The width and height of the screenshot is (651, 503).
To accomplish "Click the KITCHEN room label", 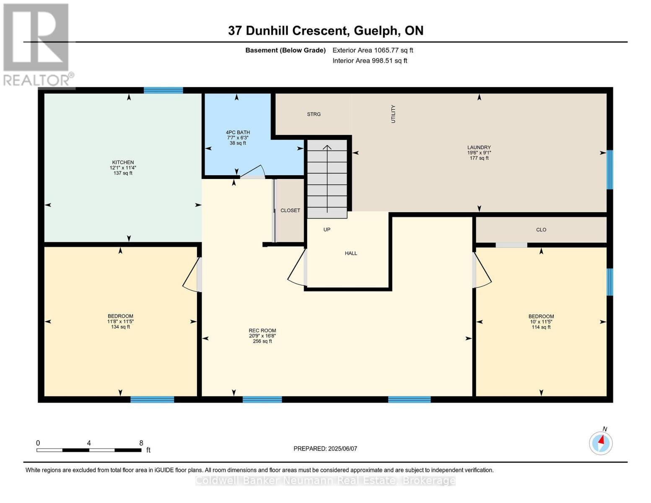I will click(123, 163).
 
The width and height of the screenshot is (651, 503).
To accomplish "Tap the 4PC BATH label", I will click(238, 132).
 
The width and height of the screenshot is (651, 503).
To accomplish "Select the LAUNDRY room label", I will click(479, 148).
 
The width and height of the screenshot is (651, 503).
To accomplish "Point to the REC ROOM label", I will click(262, 331).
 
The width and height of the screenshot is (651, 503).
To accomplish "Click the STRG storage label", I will click(314, 114).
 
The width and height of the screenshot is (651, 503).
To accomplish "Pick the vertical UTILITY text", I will click(393, 114).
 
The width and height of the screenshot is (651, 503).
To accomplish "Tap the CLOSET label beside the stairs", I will click(290, 210).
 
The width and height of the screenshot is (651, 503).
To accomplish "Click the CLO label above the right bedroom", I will click(541, 230).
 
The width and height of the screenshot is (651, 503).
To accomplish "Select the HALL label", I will click(351, 253).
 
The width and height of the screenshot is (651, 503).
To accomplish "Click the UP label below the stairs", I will click(327, 230).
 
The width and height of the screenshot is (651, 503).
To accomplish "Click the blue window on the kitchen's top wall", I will click(163, 90).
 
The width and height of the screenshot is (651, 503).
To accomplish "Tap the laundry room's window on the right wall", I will click(610, 169).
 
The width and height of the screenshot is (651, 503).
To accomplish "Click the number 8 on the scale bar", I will click(141, 443).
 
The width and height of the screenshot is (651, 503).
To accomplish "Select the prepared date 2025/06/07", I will click(325, 449).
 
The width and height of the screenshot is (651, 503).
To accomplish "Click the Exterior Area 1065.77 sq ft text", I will click(373, 50).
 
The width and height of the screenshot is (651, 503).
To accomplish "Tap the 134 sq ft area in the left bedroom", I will click(120, 327).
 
